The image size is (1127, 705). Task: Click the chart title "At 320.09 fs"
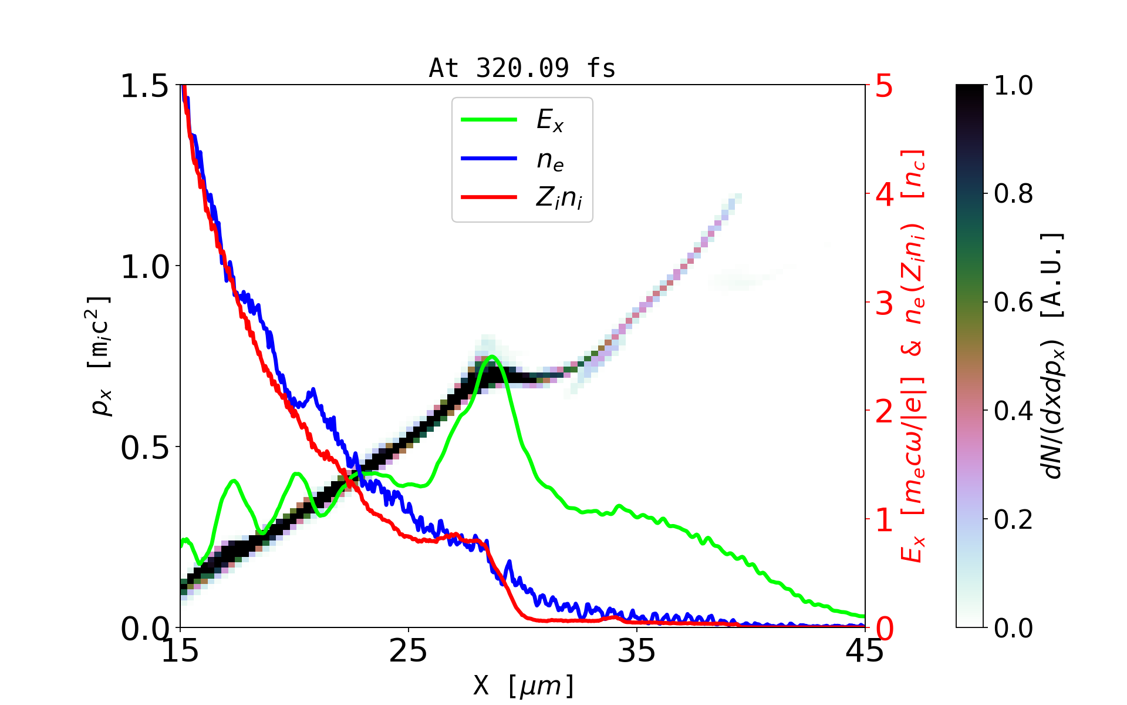522,68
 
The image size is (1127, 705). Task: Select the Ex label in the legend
550,120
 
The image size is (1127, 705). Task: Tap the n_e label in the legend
550,160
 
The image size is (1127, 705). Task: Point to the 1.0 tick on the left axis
144,267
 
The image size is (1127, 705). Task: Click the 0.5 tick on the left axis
144,448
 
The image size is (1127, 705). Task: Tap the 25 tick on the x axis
408,651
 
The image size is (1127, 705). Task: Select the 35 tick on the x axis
637,651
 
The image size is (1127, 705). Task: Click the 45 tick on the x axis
865,651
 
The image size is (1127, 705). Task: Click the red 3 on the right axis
884,303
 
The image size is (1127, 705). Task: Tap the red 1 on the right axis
884,520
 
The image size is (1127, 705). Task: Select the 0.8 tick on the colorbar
1013,193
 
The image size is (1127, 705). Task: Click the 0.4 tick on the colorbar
1013,411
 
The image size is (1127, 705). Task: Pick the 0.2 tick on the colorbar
1013,519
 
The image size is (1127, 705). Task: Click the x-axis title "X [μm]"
524,685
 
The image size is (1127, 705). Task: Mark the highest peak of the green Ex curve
492,356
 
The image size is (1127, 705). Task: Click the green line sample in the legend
489,120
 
